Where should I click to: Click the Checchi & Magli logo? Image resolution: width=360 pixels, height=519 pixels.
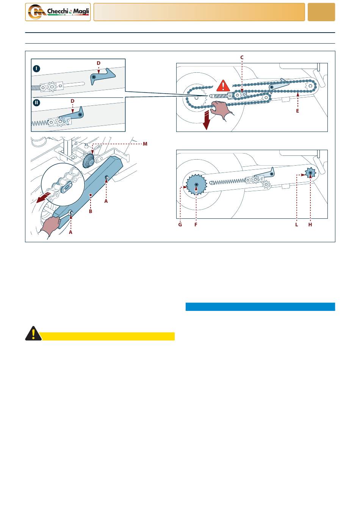tap(58, 12)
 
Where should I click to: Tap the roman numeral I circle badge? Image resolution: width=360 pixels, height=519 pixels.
tap(36, 69)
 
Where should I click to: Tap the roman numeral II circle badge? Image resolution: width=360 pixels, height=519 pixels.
tap(36, 102)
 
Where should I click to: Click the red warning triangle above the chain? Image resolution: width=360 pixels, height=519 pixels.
tap(223, 86)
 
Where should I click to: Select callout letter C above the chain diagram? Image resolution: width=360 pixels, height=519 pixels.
tap(242, 58)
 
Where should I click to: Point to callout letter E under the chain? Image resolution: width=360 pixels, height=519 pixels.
tap(297, 111)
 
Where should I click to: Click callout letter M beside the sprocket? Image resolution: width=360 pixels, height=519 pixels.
tap(145, 144)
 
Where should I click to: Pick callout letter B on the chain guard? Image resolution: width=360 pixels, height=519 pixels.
tap(91, 211)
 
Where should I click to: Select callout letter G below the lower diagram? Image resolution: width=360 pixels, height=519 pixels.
tap(180, 225)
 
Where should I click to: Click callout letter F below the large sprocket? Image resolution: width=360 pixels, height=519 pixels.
tap(196, 225)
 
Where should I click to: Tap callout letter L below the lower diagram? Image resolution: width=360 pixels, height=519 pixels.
tap(297, 225)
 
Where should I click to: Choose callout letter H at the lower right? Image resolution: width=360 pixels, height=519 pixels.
tap(310, 225)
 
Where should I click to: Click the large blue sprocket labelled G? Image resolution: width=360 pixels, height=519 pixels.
tap(196, 185)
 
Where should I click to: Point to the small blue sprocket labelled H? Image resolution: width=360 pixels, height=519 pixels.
tap(310, 173)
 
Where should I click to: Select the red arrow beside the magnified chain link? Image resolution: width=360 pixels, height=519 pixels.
tap(43, 197)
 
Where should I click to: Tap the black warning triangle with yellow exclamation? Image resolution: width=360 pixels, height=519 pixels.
tap(33, 334)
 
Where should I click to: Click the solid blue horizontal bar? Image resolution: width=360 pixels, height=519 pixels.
tap(260, 307)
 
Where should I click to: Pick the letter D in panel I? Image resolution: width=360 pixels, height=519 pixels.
tap(99, 63)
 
